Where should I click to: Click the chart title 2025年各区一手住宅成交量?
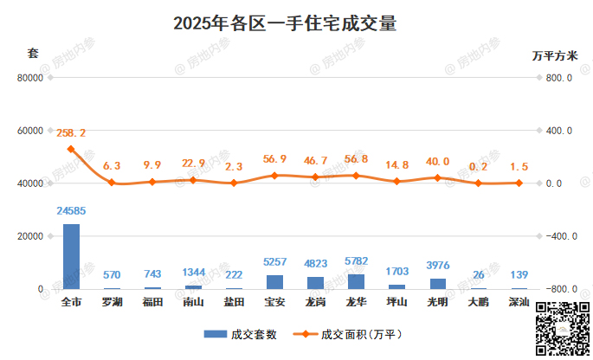pos(285,23)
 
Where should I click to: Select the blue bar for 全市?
pos(71,256)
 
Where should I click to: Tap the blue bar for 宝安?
pos(274,281)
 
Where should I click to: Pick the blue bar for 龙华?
pos(356,280)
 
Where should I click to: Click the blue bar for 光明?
pos(438,283)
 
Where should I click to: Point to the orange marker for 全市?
pos(71,149)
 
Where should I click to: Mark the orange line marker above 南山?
pos(193,180)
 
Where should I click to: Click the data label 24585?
pos(71,210)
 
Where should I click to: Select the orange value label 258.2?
pos(71,133)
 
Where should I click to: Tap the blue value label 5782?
pos(356,260)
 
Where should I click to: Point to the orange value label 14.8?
pos(396,164)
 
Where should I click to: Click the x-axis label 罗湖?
pos(112,303)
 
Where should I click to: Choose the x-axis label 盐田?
pos(234,303)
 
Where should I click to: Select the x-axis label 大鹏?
pos(478,303)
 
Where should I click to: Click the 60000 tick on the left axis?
pos(30,131)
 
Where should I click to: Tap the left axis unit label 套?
pos(33,54)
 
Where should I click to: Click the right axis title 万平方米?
pos(555,55)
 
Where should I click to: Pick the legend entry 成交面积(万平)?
pos(348,334)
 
